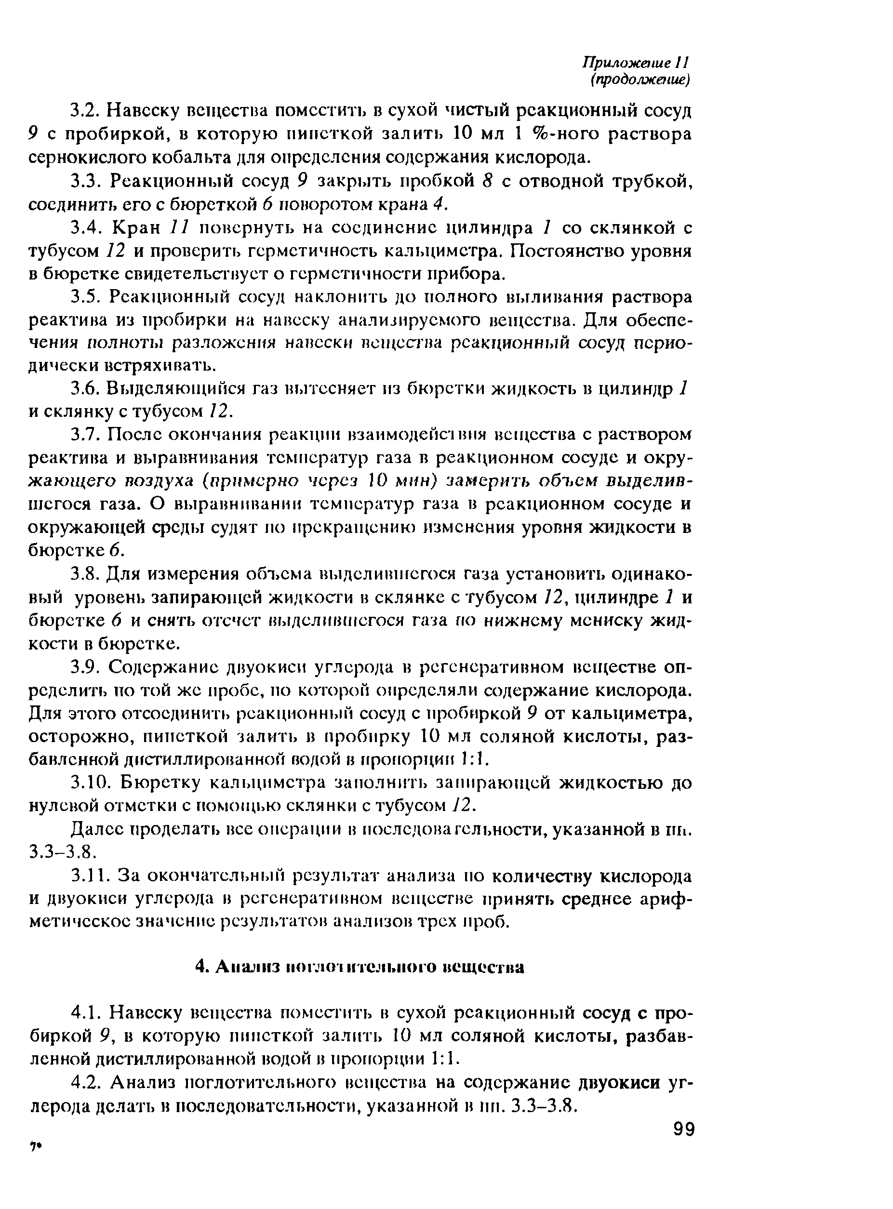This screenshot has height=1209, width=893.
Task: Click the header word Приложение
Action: (622, 63)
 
